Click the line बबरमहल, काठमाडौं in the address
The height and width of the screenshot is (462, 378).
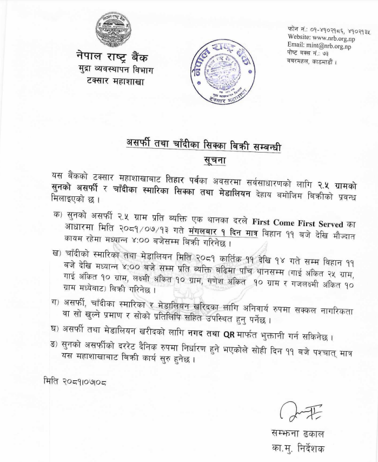pyautogui.click(x=312, y=61)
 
